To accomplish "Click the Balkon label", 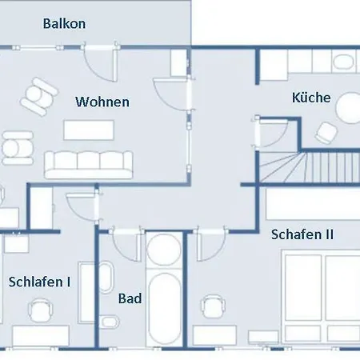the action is coord(64,24).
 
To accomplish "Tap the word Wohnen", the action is coord(102,102).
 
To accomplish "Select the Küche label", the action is coord(311,98).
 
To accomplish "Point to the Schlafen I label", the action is coord(39,282).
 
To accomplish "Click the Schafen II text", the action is coord(302,234).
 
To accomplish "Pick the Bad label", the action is coord(130,298).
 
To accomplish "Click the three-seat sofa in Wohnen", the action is coord(89,165).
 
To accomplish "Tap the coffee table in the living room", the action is coord(89,130).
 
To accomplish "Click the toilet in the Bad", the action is coord(110,322).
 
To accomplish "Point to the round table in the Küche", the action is coord(348,108).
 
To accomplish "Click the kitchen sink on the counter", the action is coord(343,62).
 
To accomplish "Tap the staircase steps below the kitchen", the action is coord(310,166).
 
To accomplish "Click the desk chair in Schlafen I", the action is coord(40,310).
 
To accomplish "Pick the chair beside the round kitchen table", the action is coord(326,133).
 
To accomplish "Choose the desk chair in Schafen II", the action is coord(213,306).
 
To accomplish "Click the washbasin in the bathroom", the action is coord(106,276).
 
